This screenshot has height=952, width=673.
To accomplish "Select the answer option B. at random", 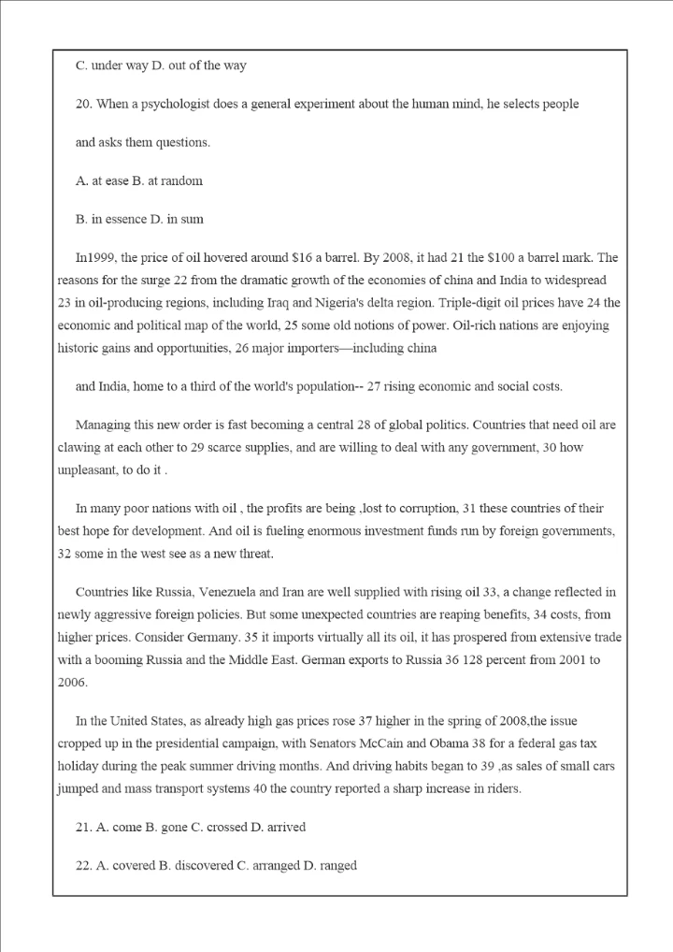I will coord(167,180).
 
